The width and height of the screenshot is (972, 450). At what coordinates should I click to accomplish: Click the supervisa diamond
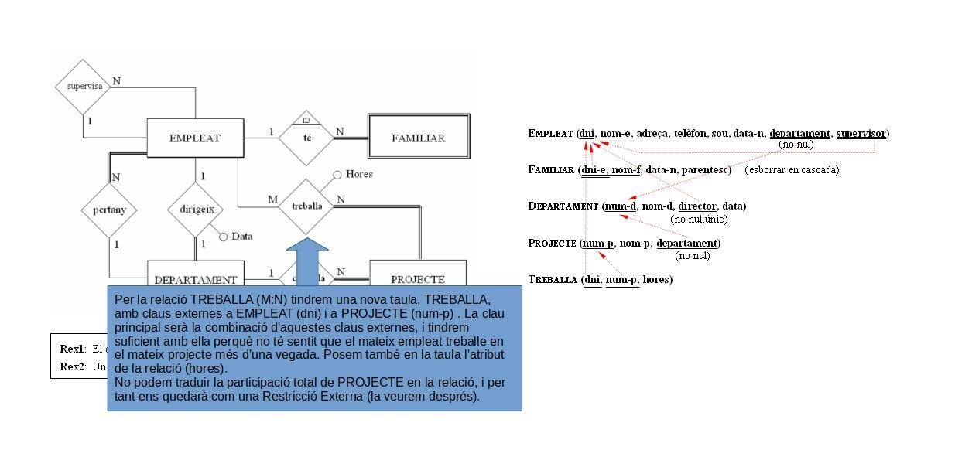pos(84,86)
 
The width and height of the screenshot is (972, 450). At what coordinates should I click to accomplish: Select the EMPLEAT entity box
pos(194,138)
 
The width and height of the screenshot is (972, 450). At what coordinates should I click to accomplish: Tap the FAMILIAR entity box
pos(418,138)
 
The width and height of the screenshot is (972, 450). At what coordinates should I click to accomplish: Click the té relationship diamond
pos(307,138)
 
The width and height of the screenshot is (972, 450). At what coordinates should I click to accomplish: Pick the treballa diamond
pos(307,206)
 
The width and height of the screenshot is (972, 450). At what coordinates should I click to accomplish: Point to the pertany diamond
pos(109,210)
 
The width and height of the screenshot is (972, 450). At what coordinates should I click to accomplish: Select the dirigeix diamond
pos(196,209)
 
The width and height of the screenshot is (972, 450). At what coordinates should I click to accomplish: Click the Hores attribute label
pos(358,174)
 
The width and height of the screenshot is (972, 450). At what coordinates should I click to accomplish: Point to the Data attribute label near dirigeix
pos(241,236)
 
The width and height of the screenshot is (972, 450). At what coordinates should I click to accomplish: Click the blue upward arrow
pos(307,263)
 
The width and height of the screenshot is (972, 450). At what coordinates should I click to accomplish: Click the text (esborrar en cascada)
pos(792,169)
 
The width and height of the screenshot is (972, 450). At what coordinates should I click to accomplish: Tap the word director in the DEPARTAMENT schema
pos(697,206)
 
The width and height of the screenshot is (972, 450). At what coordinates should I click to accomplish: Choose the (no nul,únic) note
pos(698,219)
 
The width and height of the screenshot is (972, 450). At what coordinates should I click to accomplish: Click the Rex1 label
pos(72,349)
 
